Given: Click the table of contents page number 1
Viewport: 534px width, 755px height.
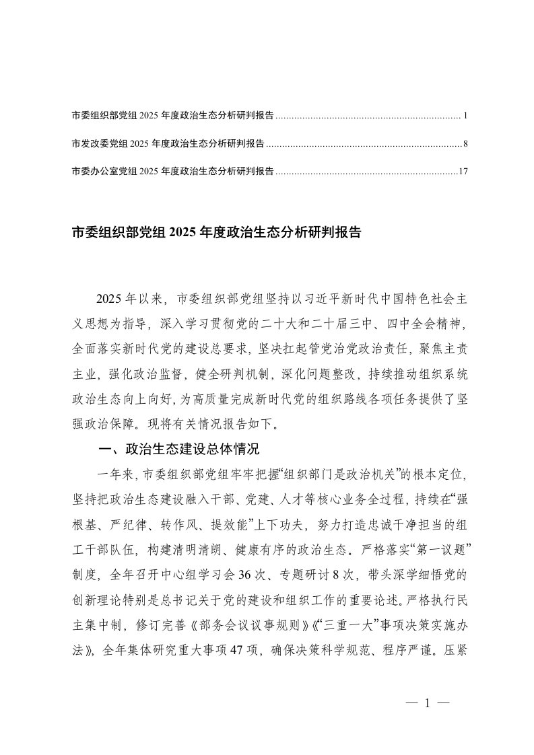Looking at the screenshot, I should pyautogui.click(x=465, y=116).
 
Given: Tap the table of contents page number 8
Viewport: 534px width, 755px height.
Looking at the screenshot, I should pyautogui.click(x=465, y=144).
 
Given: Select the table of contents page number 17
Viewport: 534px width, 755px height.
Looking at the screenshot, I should pyautogui.click(x=463, y=172).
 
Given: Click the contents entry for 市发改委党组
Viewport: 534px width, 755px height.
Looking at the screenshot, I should pyautogui.click(x=167, y=144).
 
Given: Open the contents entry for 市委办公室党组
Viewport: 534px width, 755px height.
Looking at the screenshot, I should pyautogui.click(x=172, y=172).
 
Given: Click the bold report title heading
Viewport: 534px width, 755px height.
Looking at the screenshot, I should pyautogui.click(x=216, y=233).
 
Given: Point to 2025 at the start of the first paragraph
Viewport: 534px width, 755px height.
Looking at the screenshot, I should pyautogui.click(x=108, y=299).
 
